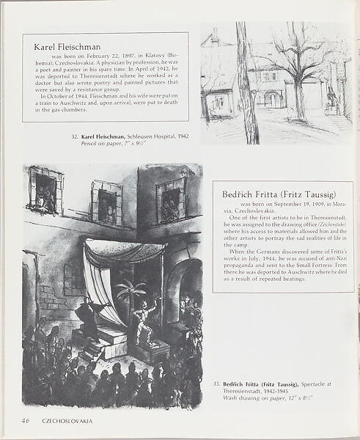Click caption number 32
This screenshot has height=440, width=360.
(75, 137)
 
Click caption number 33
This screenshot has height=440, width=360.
(217, 383)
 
